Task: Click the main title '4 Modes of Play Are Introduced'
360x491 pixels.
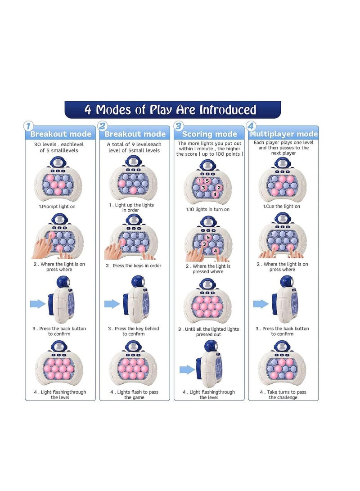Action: [x=170, y=110]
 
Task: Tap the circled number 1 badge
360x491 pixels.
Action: [x=28, y=126]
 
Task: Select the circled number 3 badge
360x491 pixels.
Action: [x=178, y=126]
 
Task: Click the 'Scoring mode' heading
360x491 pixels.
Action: [x=209, y=134]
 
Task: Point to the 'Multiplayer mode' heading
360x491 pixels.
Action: [x=283, y=134]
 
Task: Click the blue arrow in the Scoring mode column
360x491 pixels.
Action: [x=187, y=370]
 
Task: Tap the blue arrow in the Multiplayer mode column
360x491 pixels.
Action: [x=261, y=304]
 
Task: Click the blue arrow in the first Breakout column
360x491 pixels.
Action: [x=38, y=304]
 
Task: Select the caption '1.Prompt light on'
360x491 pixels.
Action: [x=57, y=207]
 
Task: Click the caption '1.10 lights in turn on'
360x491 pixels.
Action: [x=207, y=209]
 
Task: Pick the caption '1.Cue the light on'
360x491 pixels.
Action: [x=281, y=207]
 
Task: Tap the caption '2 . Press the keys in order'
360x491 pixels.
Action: [x=133, y=266]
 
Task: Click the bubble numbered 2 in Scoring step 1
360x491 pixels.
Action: [x=219, y=188]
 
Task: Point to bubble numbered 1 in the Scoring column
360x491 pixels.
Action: [x=200, y=181]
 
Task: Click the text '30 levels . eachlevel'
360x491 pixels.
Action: [x=59, y=144]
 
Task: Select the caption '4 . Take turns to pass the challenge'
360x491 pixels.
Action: [x=283, y=395]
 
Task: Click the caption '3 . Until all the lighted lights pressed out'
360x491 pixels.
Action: [x=208, y=332]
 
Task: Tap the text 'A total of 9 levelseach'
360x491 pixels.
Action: [x=134, y=144]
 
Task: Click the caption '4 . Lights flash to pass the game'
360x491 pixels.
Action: [x=134, y=395]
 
